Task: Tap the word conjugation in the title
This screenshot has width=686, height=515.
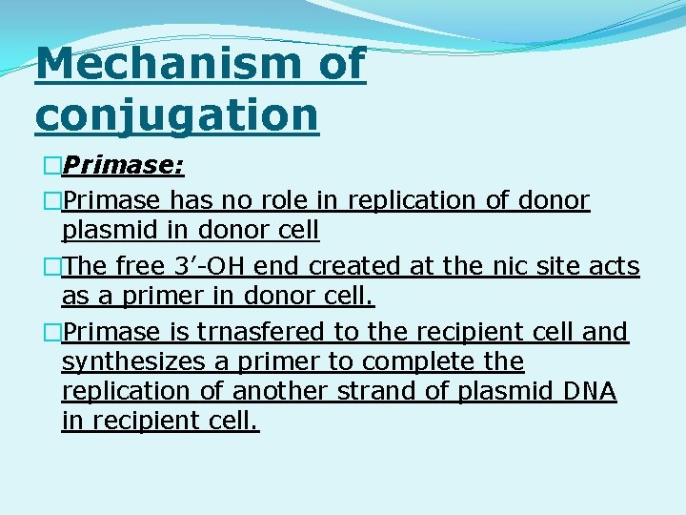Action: (176, 114)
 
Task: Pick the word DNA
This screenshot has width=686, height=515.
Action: (590, 391)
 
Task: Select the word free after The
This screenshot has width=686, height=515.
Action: (140, 266)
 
